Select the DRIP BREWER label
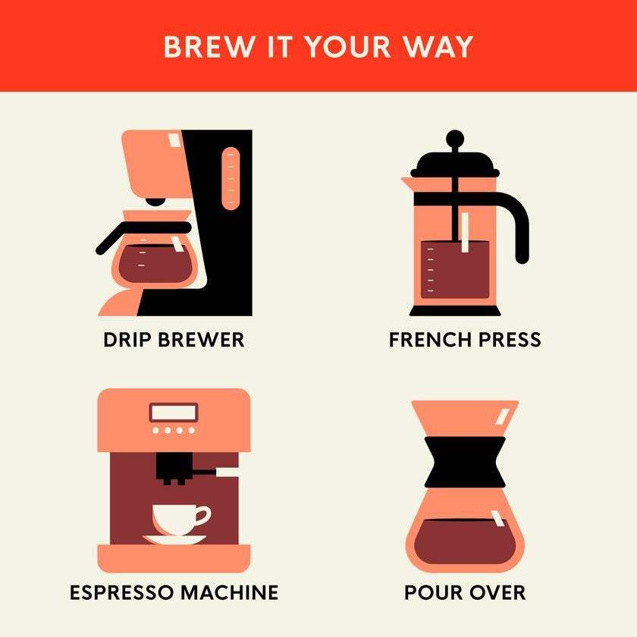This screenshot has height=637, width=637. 174,339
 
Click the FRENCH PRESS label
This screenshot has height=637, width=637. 465,339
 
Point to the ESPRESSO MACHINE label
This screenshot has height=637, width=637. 174,591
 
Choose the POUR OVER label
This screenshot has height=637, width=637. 465,591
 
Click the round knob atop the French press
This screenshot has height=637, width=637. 454,138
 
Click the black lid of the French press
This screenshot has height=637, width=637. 454,163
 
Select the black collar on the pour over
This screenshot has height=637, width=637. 465,461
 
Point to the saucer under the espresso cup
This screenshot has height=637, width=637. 174,540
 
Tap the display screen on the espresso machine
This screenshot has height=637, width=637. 174,413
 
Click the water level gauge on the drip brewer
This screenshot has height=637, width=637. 230,178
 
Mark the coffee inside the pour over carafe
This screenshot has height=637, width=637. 465,541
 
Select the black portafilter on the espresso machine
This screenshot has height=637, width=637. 173,469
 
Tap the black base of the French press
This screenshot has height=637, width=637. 455,311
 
